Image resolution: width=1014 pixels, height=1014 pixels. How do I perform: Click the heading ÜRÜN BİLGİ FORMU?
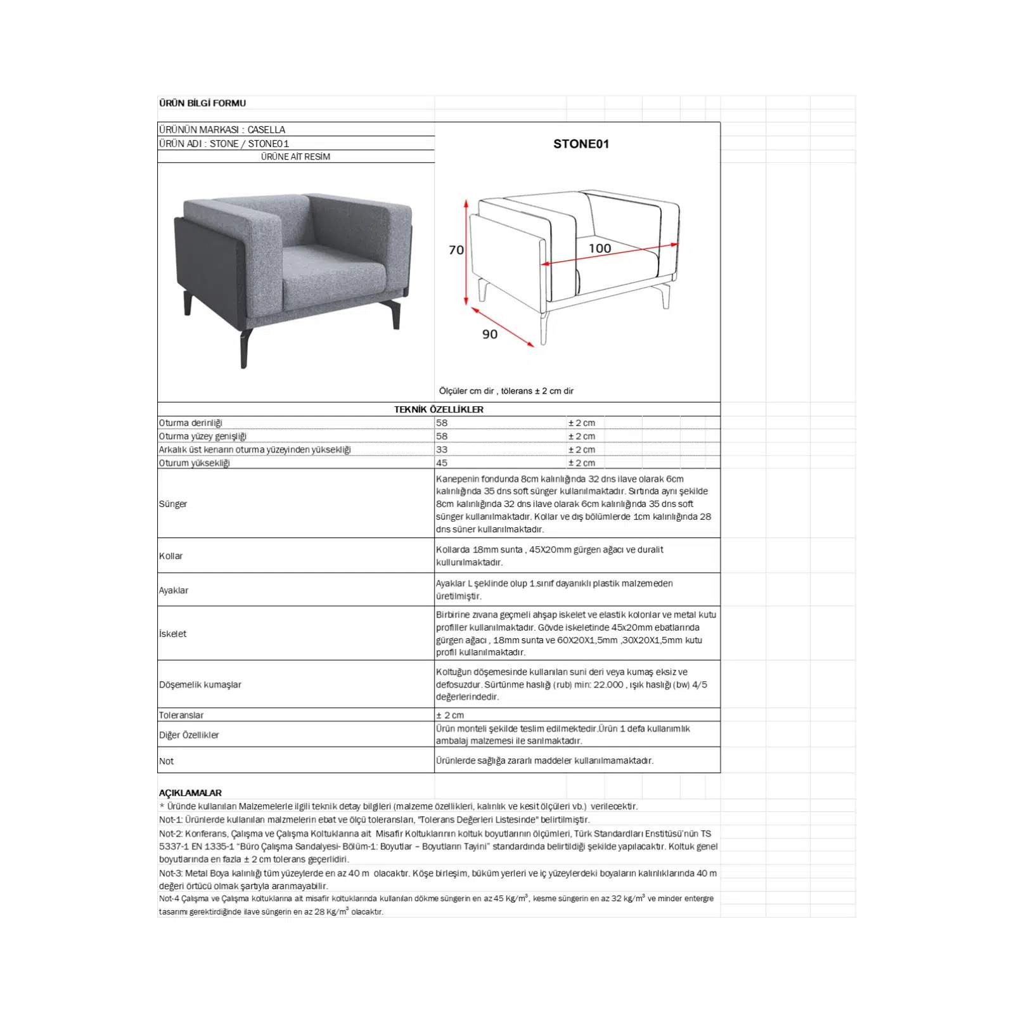202,103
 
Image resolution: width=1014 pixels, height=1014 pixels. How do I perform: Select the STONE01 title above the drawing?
581,144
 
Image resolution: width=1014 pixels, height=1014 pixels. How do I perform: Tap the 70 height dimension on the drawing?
456,250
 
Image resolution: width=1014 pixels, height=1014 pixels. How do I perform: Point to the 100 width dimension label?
600,248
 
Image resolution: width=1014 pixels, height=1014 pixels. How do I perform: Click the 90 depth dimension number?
490,335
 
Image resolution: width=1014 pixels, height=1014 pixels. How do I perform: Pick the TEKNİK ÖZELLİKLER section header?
439,409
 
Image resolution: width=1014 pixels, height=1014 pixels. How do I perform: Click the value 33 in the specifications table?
442,449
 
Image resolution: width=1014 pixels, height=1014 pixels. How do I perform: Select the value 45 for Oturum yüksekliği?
442,463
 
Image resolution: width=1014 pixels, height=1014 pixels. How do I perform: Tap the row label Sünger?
173,504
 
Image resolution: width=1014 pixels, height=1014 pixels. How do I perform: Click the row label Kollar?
170,556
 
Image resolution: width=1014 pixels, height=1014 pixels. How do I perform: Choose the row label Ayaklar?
174,590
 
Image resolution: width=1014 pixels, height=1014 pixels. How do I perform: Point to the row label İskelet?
172,634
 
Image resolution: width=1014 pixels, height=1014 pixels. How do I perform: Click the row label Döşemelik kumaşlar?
200,684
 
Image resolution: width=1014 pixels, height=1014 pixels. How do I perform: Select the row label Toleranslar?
181,715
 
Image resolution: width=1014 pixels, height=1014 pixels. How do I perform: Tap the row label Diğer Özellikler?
189,735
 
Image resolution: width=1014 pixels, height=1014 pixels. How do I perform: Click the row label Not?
166,761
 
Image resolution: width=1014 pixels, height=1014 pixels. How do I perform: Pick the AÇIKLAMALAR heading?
190,793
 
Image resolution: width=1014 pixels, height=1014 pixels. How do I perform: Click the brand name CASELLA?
266,129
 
